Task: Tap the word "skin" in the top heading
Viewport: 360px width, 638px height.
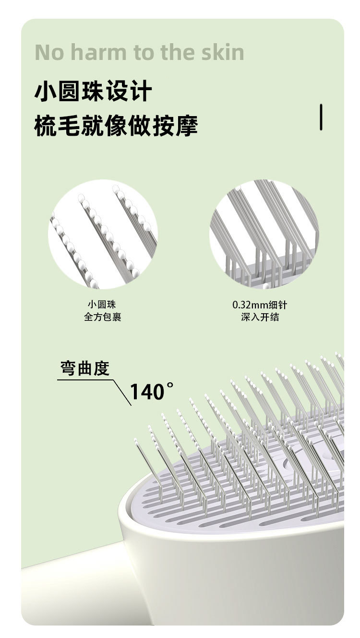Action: click(220, 52)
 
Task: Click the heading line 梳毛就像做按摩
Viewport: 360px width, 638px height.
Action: click(116, 126)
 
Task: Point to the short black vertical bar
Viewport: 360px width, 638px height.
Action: click(321, 117)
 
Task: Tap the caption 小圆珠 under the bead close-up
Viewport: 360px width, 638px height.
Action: click(102, 305)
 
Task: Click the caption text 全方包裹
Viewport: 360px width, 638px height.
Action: click(102, 317)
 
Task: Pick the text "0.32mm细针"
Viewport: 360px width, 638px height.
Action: click(259, 305)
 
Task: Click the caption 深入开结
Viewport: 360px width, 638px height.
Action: click(260, 317)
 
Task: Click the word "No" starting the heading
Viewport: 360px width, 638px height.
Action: click(48, 52)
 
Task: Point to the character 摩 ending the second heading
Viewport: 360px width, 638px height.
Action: click(186, 126)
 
